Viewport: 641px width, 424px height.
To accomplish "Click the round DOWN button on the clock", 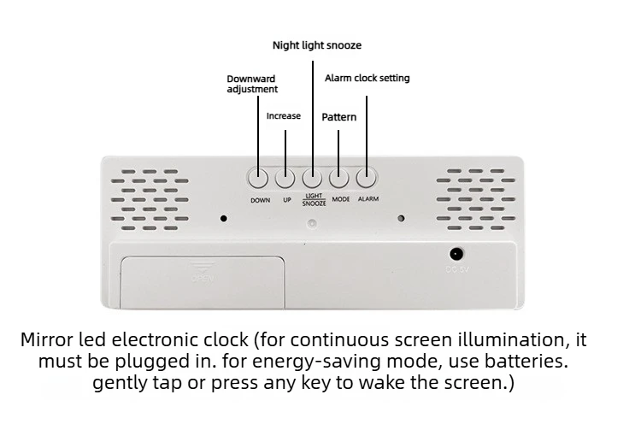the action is coord(258,179).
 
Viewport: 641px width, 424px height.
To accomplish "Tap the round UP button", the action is coord(285,179).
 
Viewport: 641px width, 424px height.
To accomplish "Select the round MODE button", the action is coord(339,179).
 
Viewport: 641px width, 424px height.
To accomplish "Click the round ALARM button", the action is coord(367,179).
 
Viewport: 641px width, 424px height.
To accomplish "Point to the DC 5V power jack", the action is coord(456,254).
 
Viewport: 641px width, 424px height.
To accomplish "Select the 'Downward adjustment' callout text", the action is coord(251,84).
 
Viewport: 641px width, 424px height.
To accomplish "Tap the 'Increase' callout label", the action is coord(284,115).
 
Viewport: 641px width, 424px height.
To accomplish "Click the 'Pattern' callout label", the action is coord(339,116).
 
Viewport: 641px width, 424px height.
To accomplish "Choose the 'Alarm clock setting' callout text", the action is coord(367,78).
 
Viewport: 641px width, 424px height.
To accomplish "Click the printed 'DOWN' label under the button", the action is coord(260,200).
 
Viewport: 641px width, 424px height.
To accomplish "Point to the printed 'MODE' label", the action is coord(341,199).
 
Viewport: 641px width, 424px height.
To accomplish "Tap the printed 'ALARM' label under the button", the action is coord(368,199).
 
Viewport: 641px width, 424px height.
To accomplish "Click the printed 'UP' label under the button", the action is coord(287,200).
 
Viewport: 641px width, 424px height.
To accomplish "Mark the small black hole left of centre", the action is coord(224,218).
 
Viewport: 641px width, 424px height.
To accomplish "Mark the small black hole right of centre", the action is coord(400,218).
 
